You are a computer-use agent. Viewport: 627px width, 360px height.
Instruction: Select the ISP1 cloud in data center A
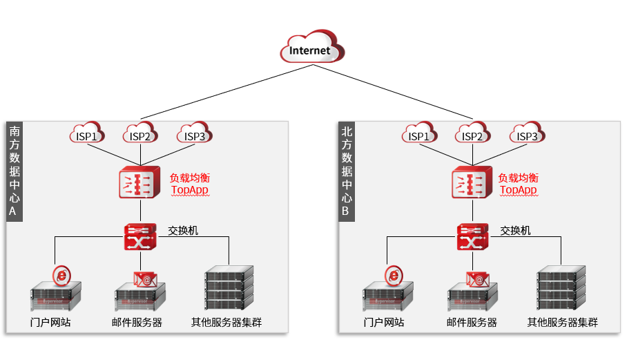(x=86, y=134)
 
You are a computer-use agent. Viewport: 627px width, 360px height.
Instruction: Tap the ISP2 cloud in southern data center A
(x=140, y=134)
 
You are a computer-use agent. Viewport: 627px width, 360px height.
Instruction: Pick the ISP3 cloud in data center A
(x=195, y=134)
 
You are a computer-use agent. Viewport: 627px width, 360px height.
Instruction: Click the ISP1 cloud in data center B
(x=419, y=134)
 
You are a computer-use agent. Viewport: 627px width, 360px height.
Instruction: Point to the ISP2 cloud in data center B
(x=473, y=134)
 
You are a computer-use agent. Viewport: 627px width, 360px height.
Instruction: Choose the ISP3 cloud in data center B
(x=528, y=134)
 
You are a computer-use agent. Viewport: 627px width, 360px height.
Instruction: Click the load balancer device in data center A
(x=140, y=183)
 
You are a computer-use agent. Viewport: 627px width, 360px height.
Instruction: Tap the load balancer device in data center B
(x=472, y=183)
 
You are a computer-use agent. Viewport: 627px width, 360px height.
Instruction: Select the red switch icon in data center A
(x=141, y=237)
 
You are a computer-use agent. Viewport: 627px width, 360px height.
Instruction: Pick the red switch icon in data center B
(x=473, y=237)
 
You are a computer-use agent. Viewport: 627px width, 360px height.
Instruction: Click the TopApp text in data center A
(x=189, y=190)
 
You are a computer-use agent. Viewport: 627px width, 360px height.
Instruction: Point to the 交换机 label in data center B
(x=515, y=231)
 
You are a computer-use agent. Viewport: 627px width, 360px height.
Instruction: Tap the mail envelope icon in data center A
(x=145, y=278)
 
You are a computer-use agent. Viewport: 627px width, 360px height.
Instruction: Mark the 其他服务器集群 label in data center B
(x=562, y=323)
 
